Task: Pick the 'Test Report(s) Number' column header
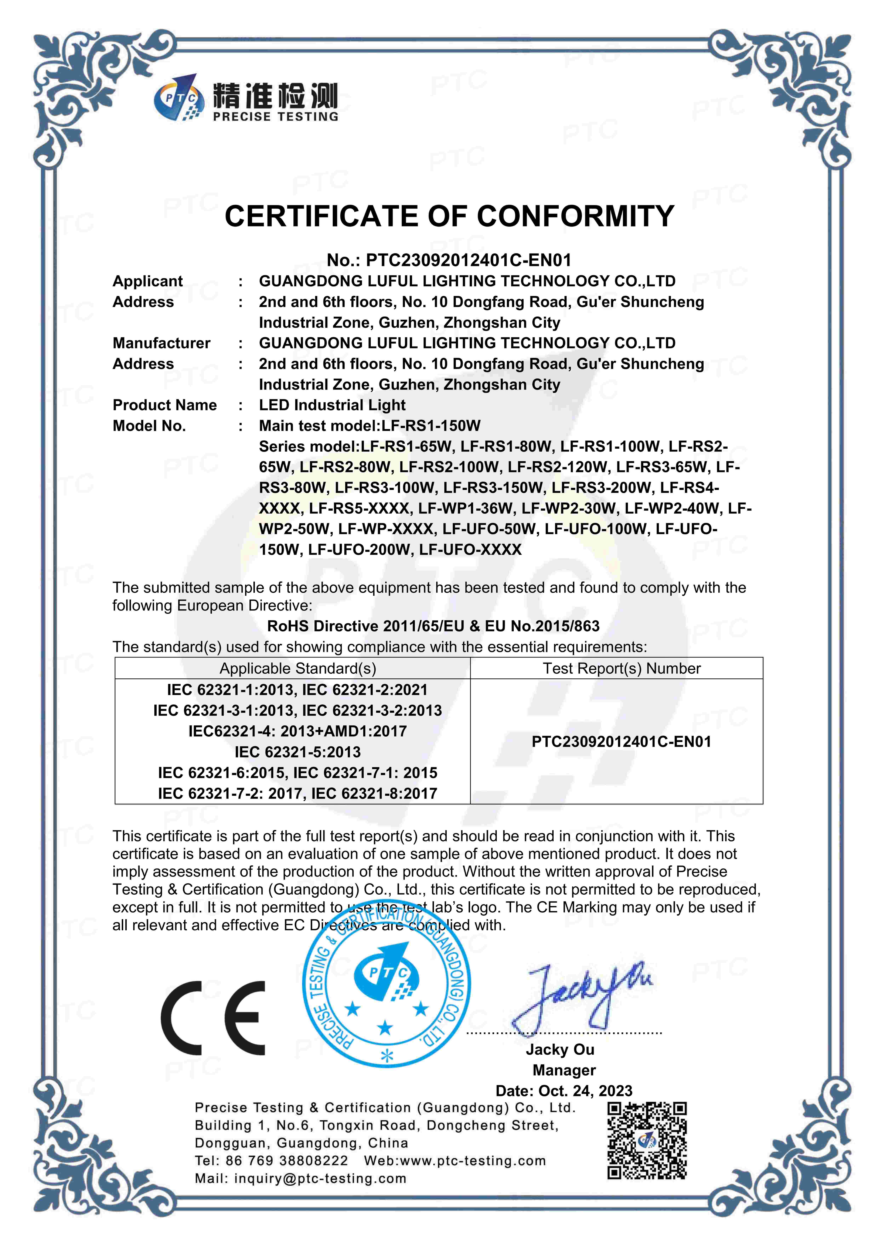point(622,669)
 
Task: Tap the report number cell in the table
point(622,742)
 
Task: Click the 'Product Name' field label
point(164,405)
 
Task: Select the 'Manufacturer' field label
point(161,343)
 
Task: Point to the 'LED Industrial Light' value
point(332,405)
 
